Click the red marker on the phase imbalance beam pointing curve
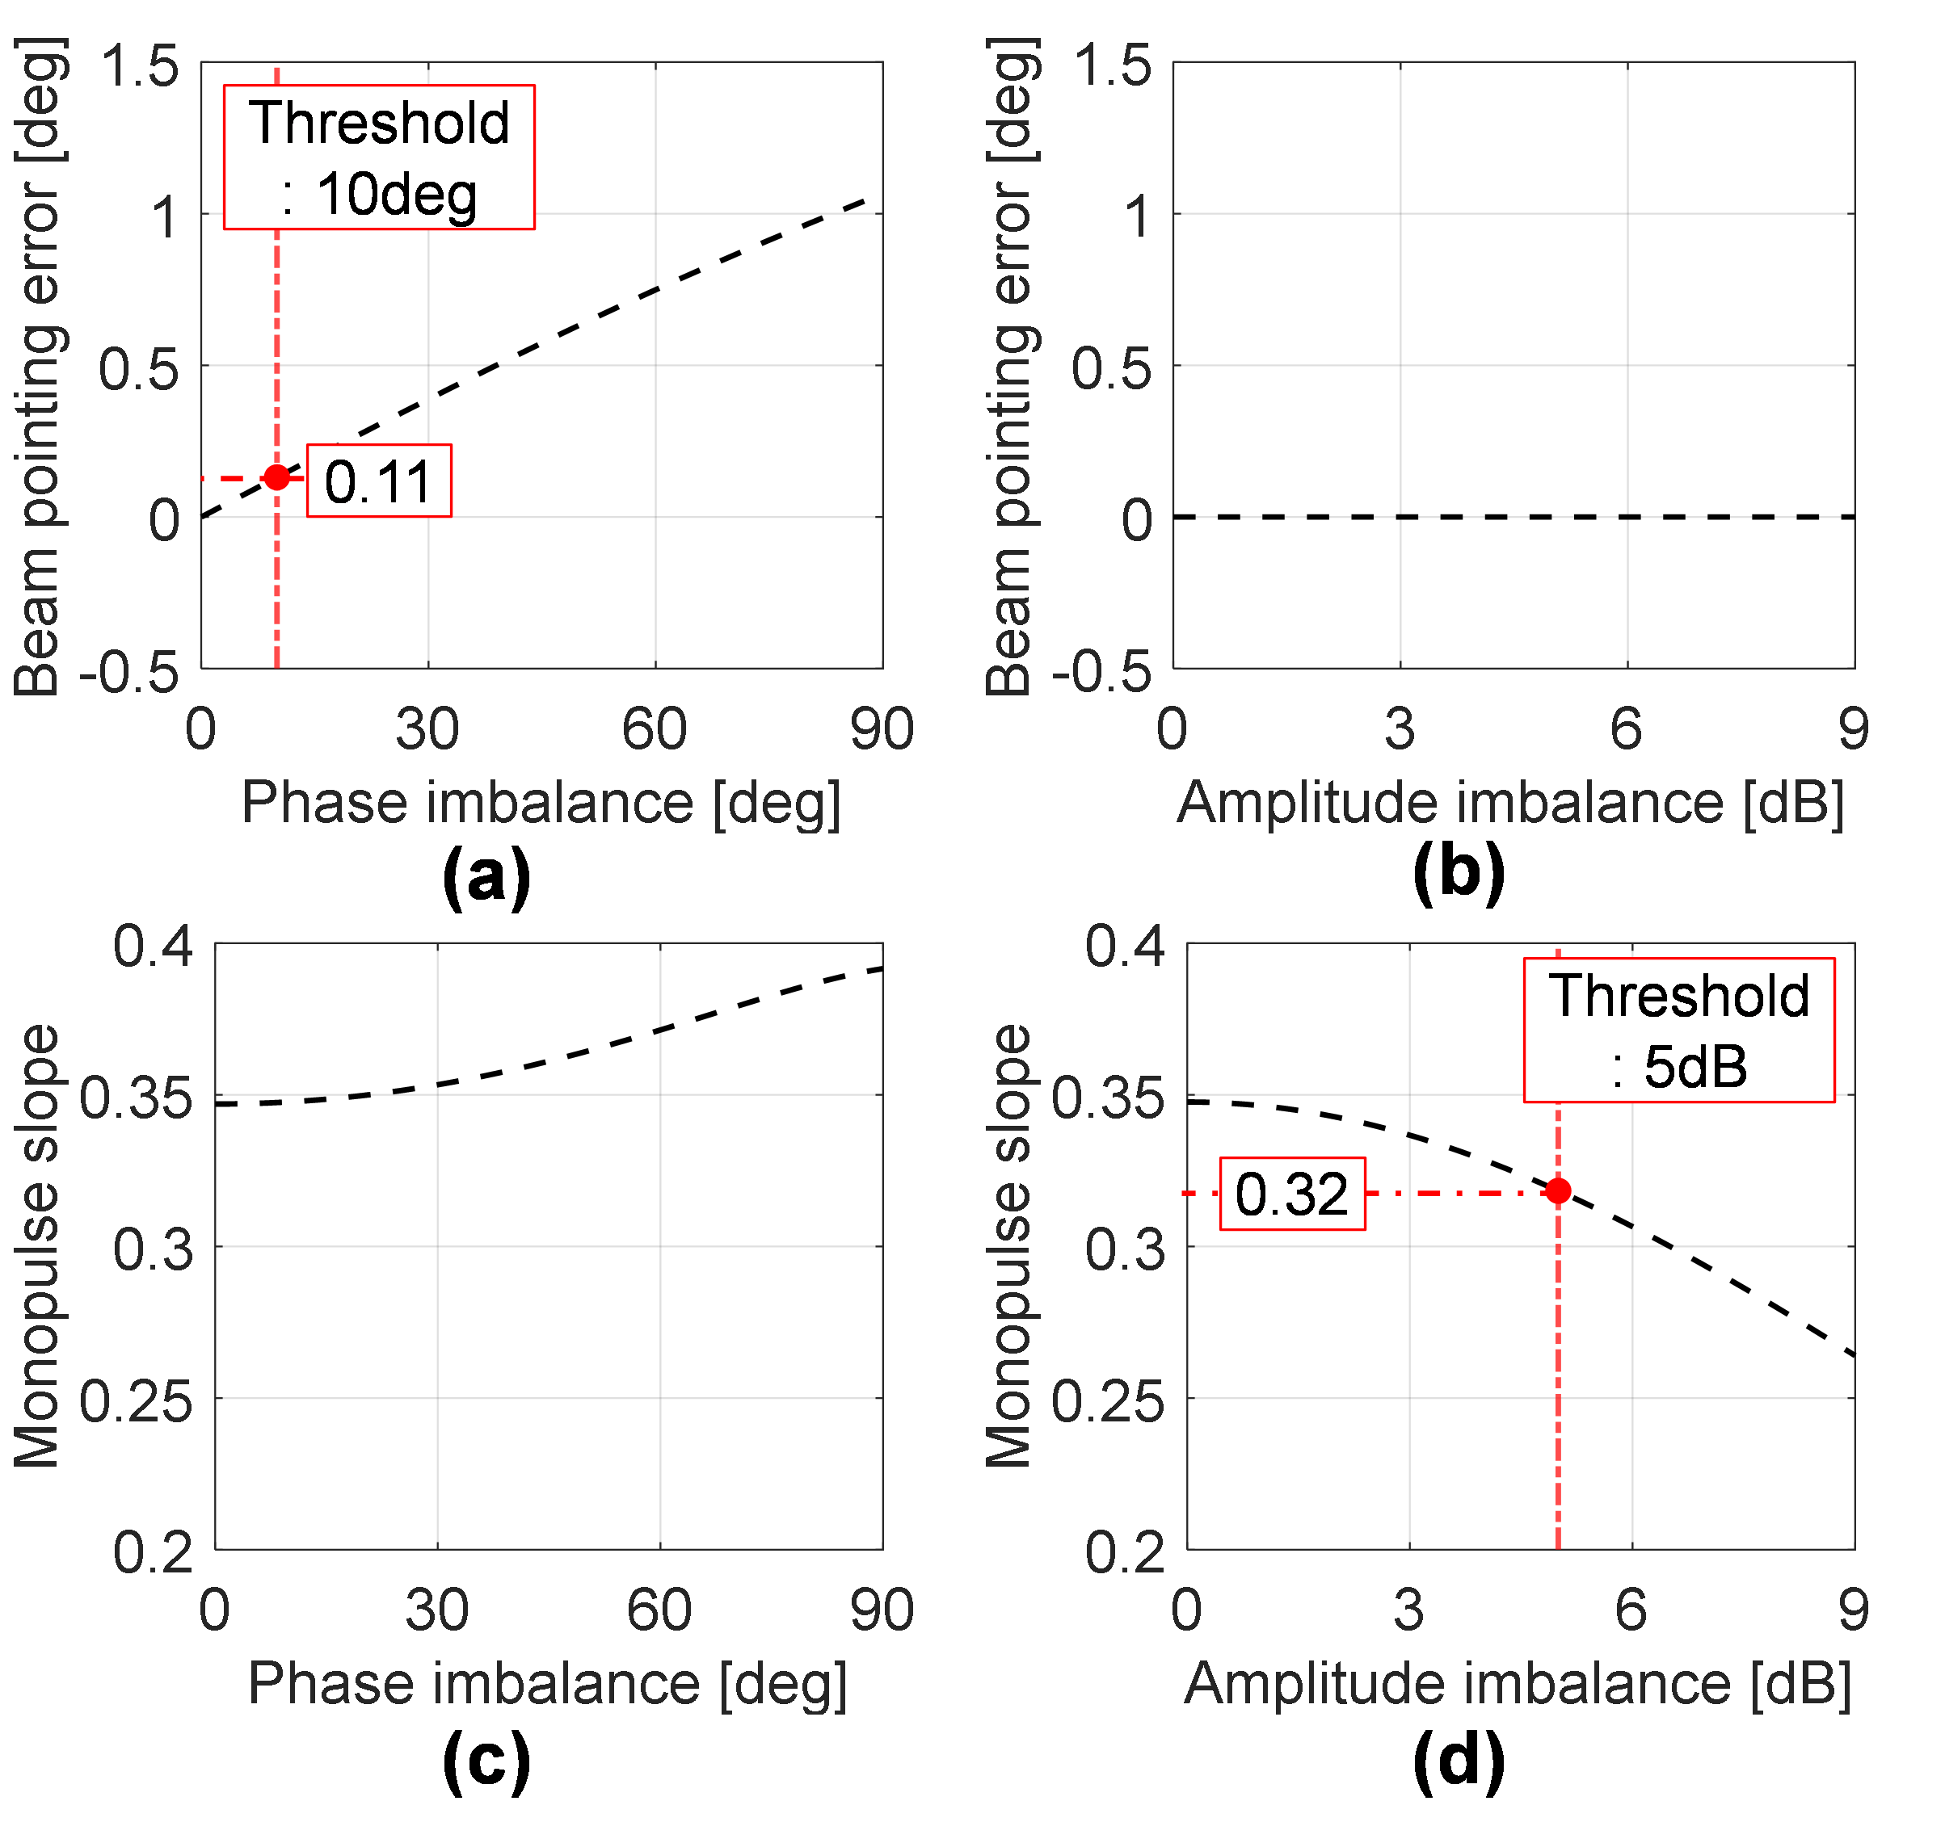[277, 477]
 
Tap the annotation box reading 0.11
[378, 481]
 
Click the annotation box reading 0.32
[1291, 1194]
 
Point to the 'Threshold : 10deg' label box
[378, 157]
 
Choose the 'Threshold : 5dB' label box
[1678, 1031]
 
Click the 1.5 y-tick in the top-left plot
[141, 66]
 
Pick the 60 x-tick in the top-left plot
[654, 730]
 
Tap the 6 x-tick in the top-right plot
[1627, 730]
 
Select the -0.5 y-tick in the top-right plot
[1101, 672]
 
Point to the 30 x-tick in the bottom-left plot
[436, 1610]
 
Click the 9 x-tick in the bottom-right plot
[1854, 1610]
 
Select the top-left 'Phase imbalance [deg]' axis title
[541, 803]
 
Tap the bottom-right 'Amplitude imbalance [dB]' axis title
[1518, 1684]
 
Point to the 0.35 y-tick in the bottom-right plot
[1108, 1098]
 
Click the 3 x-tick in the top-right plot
[1400, 730]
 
